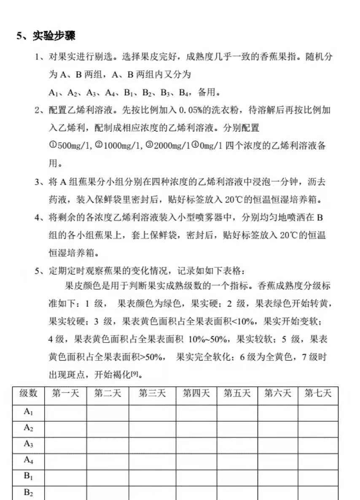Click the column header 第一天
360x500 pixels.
pos(65,393)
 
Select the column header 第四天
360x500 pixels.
pos(196,393)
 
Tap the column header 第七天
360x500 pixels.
pos(318,393)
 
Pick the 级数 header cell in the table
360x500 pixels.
pos(28,393)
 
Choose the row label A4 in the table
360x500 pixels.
pos(28,460)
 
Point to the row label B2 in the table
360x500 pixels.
pos(28,492)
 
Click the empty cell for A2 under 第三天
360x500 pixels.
pos(152,428)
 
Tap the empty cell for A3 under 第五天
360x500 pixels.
pos(237,444)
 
